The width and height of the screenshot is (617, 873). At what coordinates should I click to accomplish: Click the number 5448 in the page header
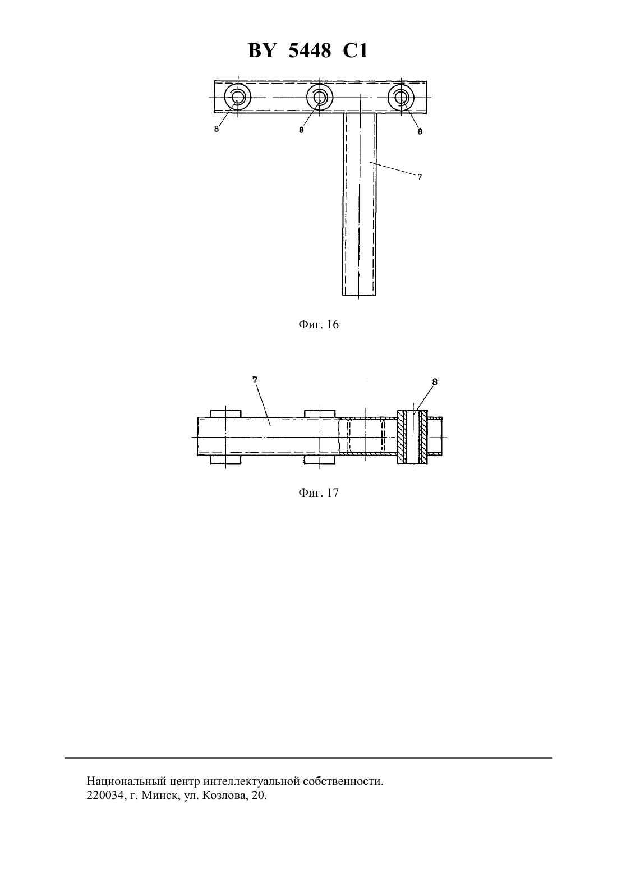310,50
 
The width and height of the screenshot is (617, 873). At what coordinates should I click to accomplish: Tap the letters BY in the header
262,50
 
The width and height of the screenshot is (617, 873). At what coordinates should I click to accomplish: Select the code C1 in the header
355,50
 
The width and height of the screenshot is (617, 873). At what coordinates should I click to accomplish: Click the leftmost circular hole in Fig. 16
238,97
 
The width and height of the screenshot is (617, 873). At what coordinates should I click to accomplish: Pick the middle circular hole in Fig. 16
320,97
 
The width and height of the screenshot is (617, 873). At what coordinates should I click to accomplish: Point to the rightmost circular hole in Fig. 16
401,97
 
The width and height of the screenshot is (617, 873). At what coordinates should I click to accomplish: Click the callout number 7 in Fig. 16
420,177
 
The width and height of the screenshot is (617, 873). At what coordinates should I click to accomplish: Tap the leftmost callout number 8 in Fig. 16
217,129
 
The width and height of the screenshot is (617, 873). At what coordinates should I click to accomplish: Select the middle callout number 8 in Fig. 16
301,130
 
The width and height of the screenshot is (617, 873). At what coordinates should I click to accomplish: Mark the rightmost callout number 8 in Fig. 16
420,132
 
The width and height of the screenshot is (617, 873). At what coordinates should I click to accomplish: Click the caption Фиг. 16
319,324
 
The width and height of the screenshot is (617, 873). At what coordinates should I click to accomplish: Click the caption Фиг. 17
319,493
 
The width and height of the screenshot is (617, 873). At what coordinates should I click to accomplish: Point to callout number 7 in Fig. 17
255,379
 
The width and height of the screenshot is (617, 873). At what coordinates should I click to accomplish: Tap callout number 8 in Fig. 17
435,382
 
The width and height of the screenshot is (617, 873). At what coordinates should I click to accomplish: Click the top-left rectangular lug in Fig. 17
225,413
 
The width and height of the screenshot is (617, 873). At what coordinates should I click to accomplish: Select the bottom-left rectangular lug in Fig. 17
225,460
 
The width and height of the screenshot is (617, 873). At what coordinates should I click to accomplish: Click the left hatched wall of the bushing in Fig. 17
402,436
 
